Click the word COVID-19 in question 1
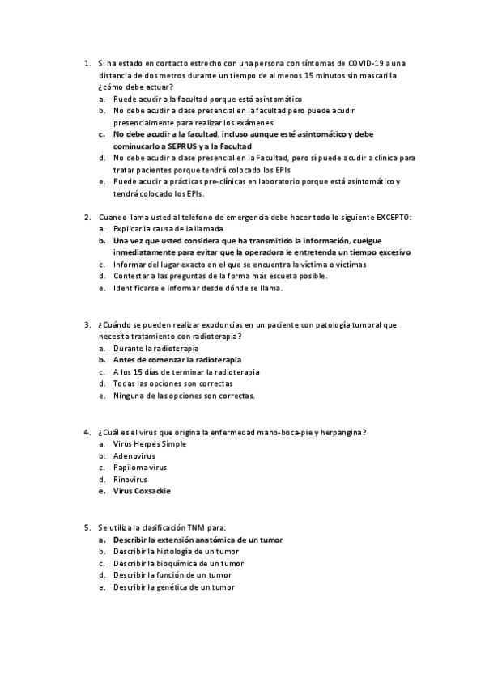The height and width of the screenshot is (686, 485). click(366, 62)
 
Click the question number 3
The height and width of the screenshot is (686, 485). click(87, 324)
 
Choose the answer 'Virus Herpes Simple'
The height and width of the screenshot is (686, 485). click(150, 444)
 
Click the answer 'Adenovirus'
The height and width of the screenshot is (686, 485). click(134, 455)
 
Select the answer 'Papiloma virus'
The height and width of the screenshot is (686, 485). click(140, 467)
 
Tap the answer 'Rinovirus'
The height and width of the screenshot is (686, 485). click(130, 479)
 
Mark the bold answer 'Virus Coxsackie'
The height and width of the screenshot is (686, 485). click(142, 490)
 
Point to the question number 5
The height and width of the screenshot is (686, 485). click(87, 527)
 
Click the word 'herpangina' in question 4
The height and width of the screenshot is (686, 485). click(341, 432)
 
